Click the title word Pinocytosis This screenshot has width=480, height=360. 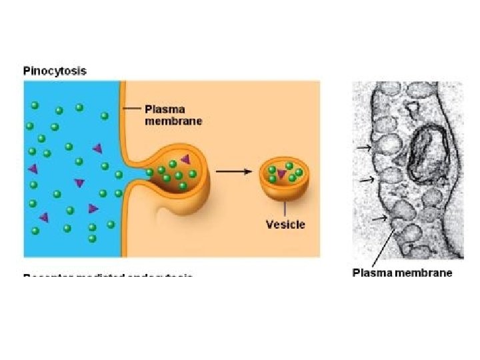coord(55,71)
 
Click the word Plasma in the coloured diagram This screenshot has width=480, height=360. coord(165,109)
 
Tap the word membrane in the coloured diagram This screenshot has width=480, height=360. coord(173,121)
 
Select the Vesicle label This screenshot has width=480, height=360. coord(285,224)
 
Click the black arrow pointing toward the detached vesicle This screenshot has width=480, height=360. coord(234,171)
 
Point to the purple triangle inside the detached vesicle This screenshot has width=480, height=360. coord(282,174)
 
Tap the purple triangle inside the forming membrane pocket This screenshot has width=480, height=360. coord(185,158)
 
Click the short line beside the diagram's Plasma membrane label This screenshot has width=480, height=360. coord(133,109)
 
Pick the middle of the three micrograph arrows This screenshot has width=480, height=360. coord(366,180)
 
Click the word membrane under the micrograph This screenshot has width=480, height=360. coord(427,273)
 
